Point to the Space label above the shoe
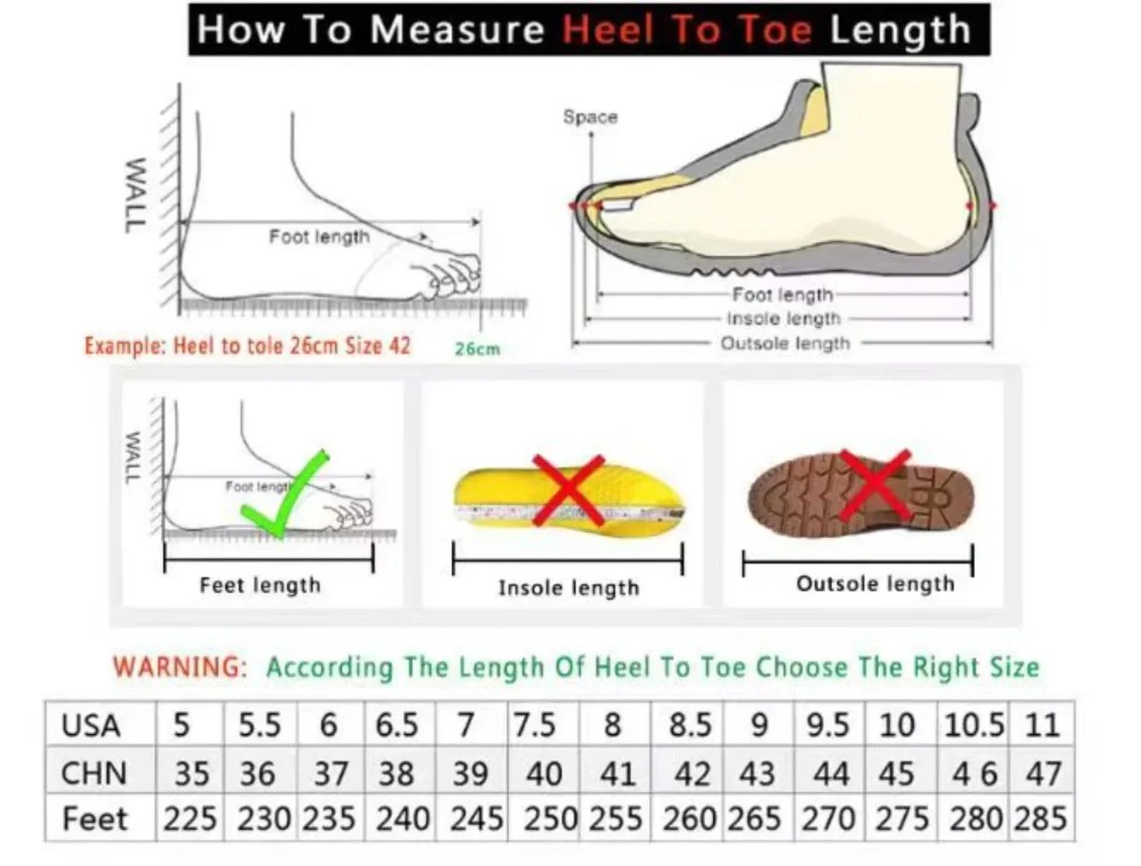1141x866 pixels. tap(590, 117)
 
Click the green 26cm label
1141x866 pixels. tap(477, 348)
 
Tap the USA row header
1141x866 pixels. tap(91, 725)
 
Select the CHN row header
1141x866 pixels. tap(94, 773)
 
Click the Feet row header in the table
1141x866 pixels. tap(95, 819)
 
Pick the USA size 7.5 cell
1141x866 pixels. tap(534, 725)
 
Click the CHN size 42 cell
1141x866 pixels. tap(691, 774)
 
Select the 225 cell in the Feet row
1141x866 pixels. tap(190, 819)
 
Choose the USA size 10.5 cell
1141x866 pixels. tap(974, 725)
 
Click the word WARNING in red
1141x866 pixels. tap(180, 666)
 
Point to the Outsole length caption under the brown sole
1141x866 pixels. tap(874, 584)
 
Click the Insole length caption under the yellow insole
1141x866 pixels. tap(568, 588)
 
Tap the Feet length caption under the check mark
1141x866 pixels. tap(260, 585)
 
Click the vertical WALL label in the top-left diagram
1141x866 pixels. tap(134, 195)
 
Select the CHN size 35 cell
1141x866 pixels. tap(192, 774)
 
